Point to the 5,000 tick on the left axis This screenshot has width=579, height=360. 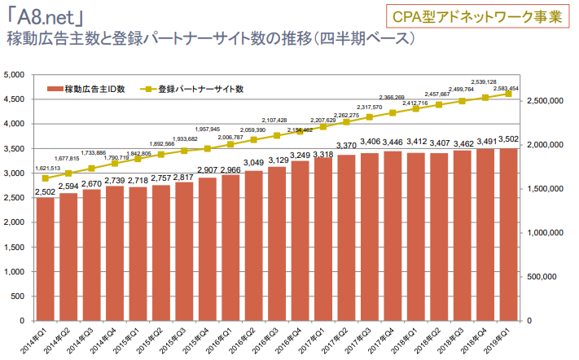pos(16,75)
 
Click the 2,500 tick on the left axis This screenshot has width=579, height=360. pos(16,198)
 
